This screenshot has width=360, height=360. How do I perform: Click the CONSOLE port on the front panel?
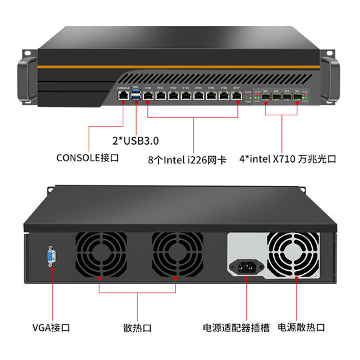(123, 97)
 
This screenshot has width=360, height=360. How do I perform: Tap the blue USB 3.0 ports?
(136, 97)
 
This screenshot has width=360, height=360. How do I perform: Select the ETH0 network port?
(148, 97)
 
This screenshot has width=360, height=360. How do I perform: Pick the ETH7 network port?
(237, 97)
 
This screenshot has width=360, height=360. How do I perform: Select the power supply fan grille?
(294, 257)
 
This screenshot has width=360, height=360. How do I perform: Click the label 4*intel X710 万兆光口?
(288, 160)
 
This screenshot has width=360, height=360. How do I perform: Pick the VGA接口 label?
(51, 328)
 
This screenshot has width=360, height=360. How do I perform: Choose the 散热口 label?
(137, 328)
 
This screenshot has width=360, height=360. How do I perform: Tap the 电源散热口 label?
(301, 328)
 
